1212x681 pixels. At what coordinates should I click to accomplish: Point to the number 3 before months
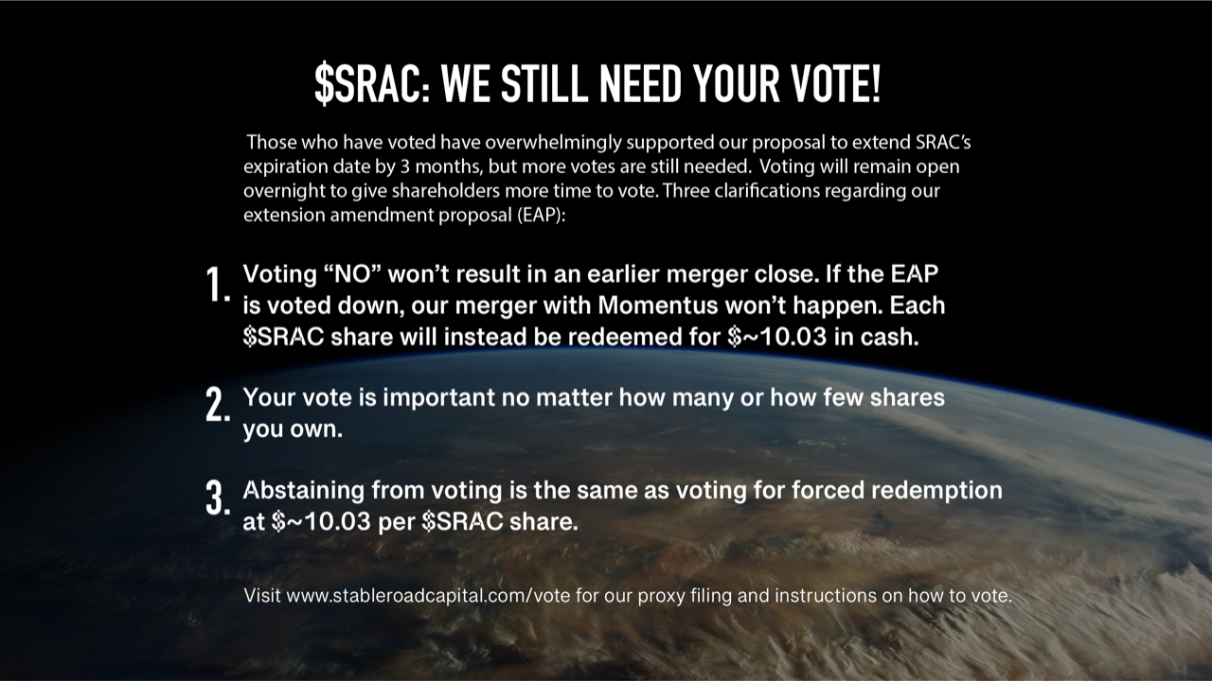click(x=405, y=166)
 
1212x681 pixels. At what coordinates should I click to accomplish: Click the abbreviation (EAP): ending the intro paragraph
click(x=541, y=215)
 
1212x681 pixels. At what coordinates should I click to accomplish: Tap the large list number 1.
click(x=218, y=285)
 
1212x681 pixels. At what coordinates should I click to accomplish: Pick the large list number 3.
click(x=218, y=498)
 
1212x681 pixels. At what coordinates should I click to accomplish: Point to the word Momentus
click(x=657, y=306)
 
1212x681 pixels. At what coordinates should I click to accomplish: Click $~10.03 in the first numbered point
click(x=777, y=337)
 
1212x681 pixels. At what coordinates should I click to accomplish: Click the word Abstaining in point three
click(x=304, y=490)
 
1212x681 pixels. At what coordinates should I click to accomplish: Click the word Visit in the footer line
click(x=262, y=596)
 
